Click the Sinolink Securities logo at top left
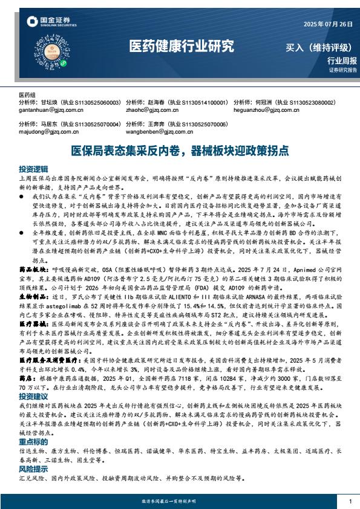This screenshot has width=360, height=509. (51, 22)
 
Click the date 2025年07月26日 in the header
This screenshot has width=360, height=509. (327, 24)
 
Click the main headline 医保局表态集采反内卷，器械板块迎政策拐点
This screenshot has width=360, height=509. (180, 149)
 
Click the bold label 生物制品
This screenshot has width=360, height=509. (31, 280)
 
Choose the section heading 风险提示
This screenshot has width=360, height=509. (33, 468)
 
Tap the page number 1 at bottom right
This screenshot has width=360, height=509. (350, 502)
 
